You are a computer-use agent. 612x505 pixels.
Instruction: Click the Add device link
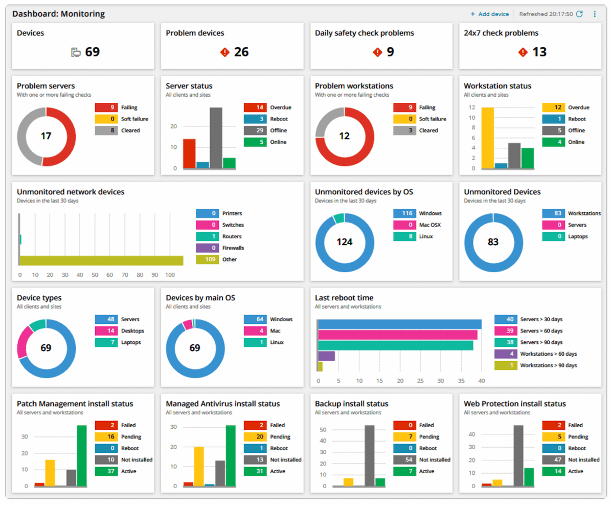tap(489, 14)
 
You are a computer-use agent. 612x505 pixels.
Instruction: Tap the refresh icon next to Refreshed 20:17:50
tap(579, 14)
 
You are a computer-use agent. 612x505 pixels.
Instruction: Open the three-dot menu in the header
tap(595, 14)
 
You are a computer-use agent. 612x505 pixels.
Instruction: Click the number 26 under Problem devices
tap(241, 52)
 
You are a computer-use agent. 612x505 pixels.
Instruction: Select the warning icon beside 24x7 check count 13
tap(523, 52)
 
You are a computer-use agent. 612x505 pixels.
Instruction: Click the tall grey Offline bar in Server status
tap(216, 138)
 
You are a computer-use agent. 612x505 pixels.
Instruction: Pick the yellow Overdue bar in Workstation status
tap(488, 138)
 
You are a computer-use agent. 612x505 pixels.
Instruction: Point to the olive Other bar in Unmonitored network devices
tap(101, 260)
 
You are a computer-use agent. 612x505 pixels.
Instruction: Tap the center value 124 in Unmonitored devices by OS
tap(344, 242)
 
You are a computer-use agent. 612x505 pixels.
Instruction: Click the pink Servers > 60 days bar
tap(398, 335)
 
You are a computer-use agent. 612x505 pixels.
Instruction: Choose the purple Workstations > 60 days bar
tap(327, 356)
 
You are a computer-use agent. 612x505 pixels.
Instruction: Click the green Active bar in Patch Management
tap(82, 455)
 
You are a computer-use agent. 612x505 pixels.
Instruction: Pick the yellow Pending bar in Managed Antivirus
tap(199, 466)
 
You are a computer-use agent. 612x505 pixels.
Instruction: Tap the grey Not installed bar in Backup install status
tap(369, 455)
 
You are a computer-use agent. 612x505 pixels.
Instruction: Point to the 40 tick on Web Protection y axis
tap(472, 434)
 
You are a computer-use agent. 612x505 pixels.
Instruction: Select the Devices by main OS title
tap(200, 298)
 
